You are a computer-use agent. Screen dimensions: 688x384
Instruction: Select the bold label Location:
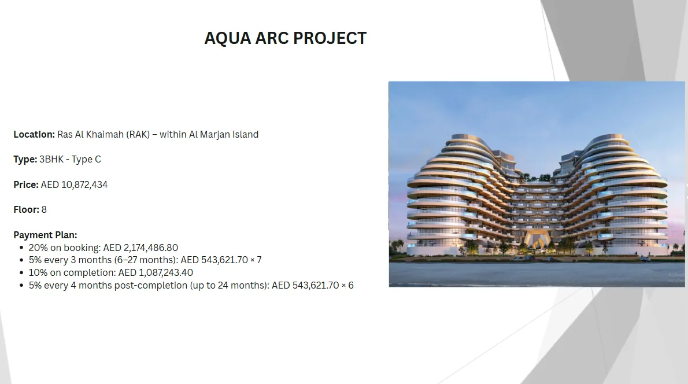(34, 134)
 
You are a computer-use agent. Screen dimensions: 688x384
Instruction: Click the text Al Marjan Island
(224, 134)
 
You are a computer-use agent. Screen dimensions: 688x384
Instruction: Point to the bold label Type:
(25, 159)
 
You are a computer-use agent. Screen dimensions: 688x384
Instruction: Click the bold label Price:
(26, 184)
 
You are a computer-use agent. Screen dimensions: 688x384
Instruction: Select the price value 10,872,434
(84, 184)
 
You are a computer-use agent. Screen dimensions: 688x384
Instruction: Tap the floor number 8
(44, 210)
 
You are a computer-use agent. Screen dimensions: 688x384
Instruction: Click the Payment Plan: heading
(45, 235)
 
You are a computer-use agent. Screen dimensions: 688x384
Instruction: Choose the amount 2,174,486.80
(151, 248)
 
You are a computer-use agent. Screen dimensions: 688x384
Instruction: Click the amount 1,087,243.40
(166, 272)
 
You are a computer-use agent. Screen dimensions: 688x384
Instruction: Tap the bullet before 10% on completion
(21, 273)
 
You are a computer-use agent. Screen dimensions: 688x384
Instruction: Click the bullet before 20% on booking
(21, 248)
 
